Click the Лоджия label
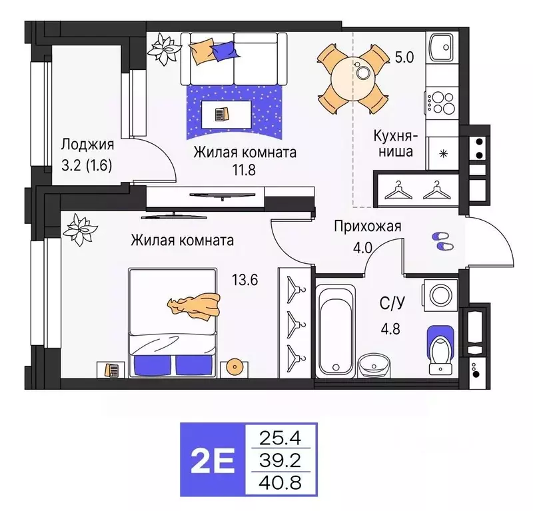(87, 145)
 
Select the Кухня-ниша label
(394, 143)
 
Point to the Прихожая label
(368, 227)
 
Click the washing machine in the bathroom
(440, 295)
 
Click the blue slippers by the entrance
(442, 241)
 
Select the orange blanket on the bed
(195, 305)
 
